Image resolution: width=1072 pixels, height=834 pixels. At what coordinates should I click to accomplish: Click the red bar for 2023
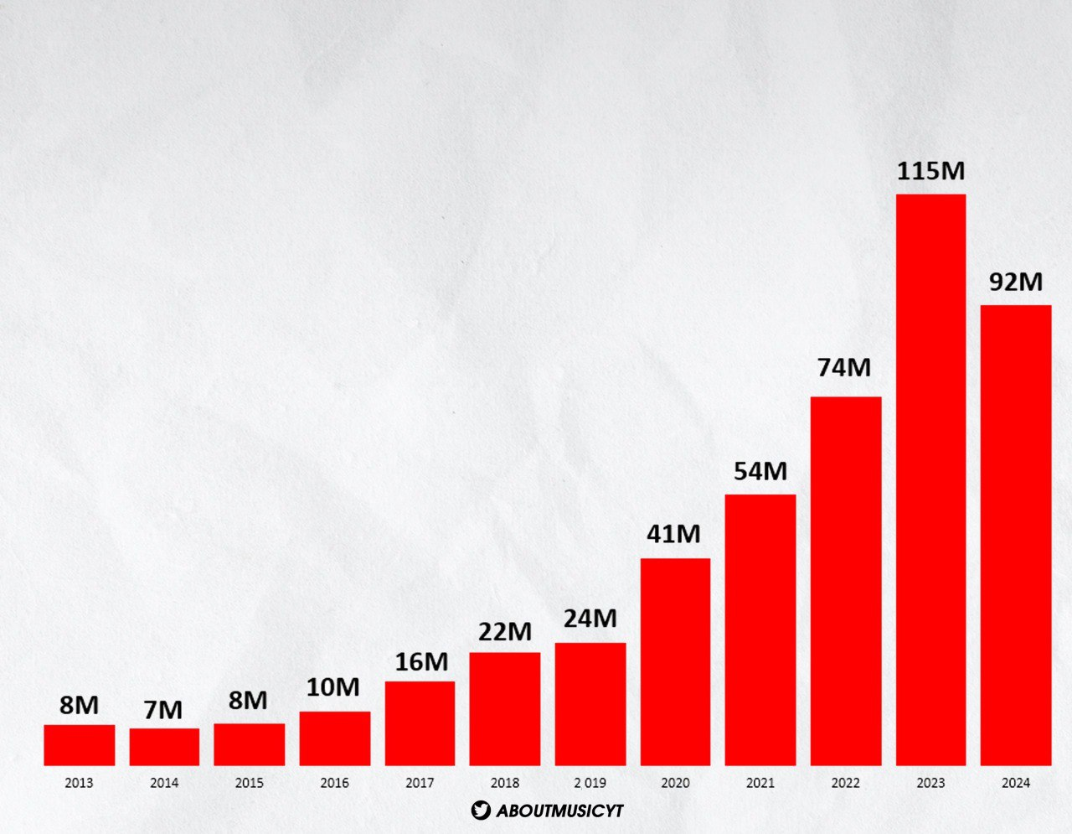point(930,479)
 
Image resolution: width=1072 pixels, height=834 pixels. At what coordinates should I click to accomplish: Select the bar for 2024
point(1016,535)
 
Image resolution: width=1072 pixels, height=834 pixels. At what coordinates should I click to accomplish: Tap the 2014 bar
point(164,747)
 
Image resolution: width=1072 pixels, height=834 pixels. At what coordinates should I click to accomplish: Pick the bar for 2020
point(675,661)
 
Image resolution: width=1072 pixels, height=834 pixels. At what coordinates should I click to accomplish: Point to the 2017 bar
point(420,723)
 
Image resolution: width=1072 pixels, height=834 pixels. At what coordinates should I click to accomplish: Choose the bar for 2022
point(846,581)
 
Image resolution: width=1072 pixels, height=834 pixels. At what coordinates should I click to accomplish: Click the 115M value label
point(930,172)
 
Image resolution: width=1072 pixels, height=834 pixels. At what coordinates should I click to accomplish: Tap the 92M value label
point(1016,282)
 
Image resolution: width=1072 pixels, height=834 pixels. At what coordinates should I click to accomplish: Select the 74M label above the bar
point(845,367)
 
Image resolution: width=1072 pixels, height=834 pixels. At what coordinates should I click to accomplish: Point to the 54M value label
point(760,472)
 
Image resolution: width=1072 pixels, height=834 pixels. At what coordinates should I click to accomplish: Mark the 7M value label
point(162,711)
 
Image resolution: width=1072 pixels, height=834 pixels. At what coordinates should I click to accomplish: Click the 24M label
point(590,619)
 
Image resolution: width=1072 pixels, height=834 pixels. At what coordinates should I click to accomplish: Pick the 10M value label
point(332,688)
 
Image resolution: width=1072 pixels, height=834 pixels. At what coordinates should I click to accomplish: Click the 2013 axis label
point(79,784)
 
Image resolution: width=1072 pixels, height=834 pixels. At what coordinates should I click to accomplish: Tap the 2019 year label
point(590,784)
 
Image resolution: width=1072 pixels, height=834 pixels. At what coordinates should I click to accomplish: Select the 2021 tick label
point(760,784)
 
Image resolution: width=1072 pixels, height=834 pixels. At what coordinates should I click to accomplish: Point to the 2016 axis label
point(334,784)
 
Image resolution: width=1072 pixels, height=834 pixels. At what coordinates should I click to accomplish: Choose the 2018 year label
point(504,784)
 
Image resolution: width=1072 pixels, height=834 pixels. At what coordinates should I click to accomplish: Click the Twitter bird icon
point(480,811)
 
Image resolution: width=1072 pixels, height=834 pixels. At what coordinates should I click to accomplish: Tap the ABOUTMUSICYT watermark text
point(559,811)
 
